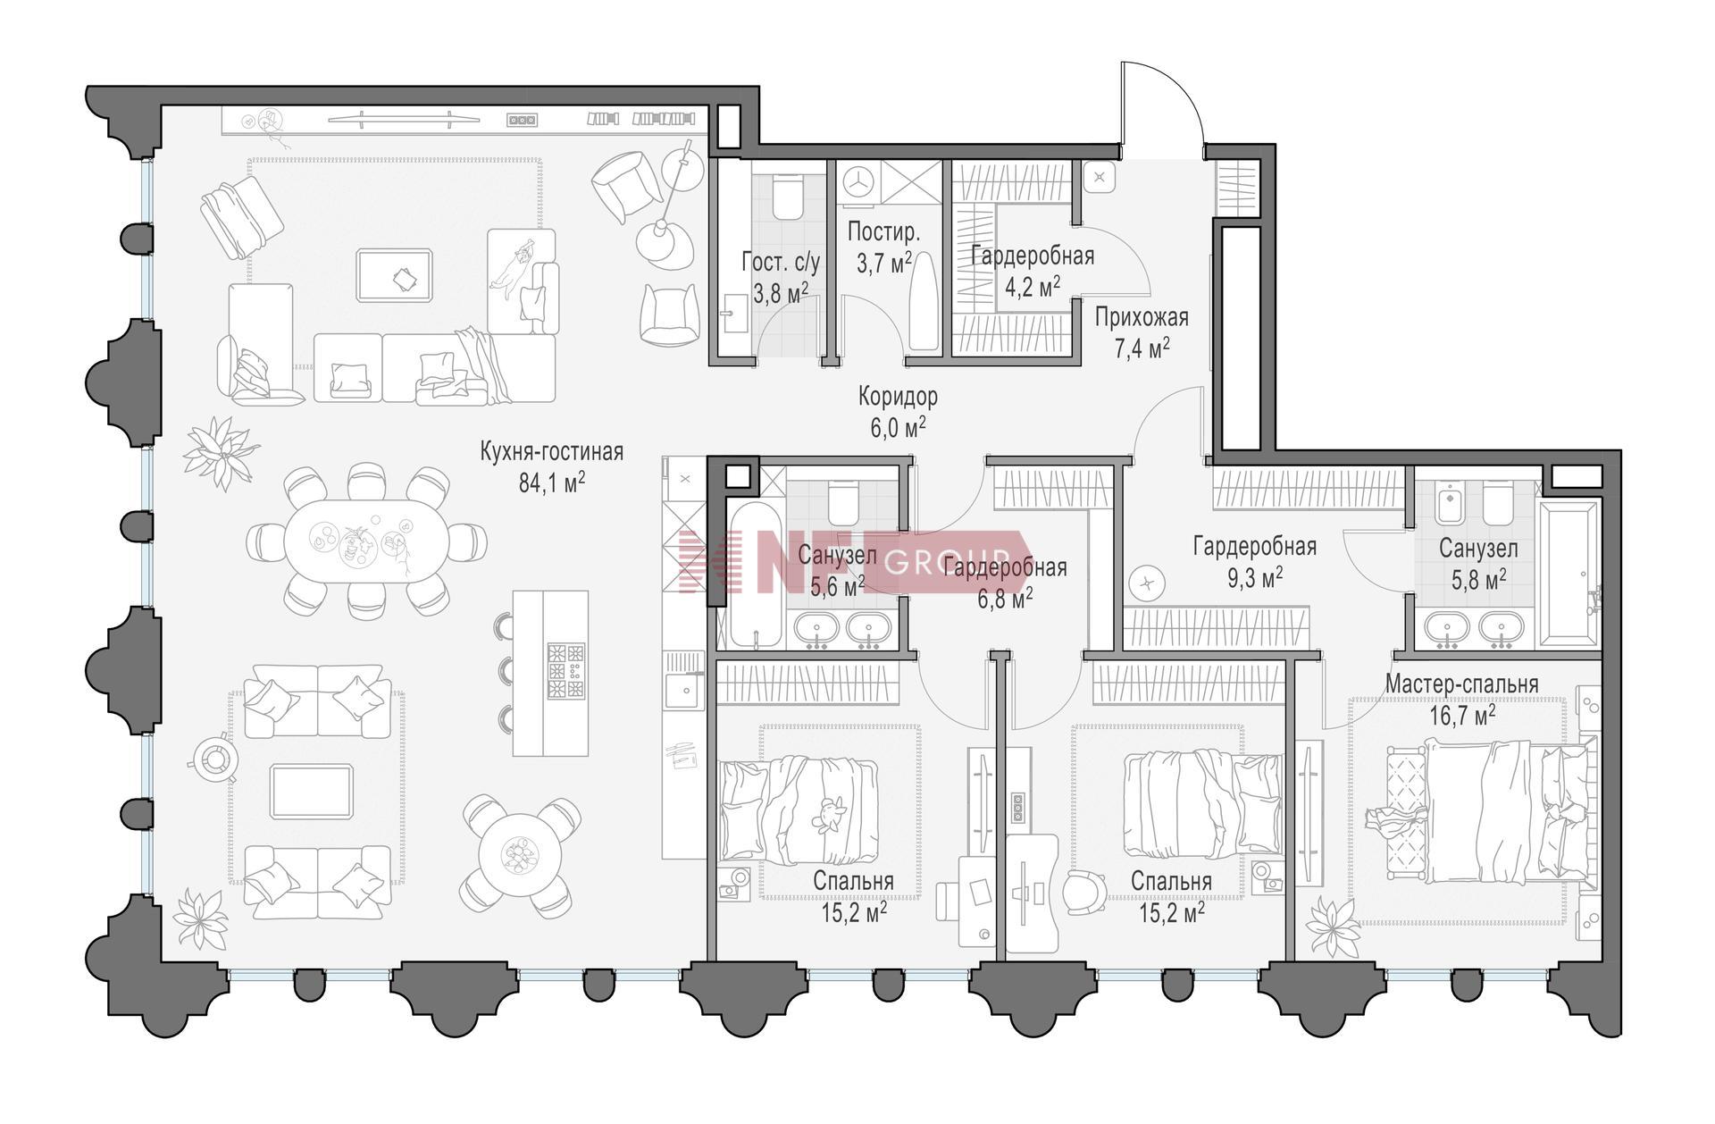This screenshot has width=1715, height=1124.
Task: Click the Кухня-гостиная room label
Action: [x=551, y=452]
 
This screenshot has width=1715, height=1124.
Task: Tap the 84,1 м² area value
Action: [x=551, y=482]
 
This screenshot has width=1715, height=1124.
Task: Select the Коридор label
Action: [x=898, y=396]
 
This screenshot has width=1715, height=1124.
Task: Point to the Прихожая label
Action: [x=1142, y=318]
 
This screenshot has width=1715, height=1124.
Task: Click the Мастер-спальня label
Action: [x=1461, y=684]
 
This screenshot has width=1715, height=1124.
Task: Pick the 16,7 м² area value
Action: [x=1462, y=715]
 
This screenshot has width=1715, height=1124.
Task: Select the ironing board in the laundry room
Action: [x=924, y=301]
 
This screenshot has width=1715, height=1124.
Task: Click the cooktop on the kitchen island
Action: [x=565, y=670]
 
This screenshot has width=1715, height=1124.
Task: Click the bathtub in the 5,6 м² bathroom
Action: [x=756, y=575]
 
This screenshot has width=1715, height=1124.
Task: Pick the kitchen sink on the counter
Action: [x=684, y=691]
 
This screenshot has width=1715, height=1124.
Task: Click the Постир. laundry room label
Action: [x=883, y=232]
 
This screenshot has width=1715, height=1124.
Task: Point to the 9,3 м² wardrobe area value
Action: [x=1255, y=577]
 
